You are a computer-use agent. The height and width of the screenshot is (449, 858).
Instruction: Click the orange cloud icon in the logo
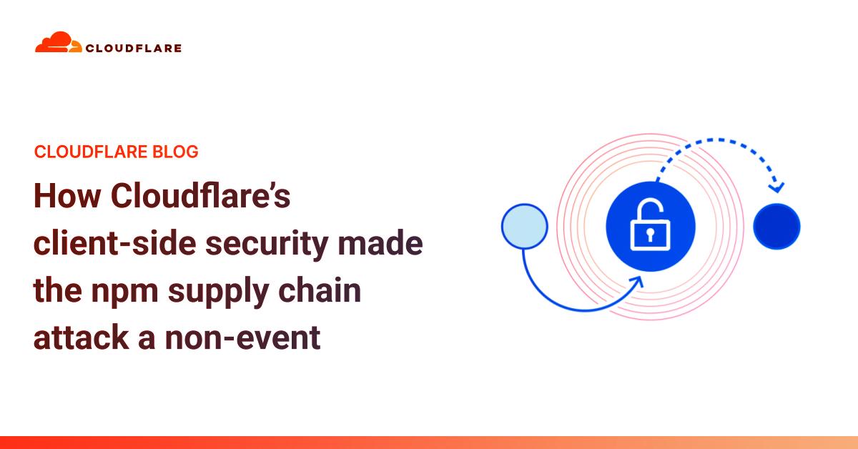pyautogui.click(x=58, y=41)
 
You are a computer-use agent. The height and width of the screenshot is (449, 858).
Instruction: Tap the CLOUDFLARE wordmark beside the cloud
pyautogui.click(x=134, y=49)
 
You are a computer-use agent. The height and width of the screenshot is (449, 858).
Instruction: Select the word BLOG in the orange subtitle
pyautogui.click(x=175, y=152)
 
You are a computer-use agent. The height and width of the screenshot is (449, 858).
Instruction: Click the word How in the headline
pyautogui.click(x=67, y=196)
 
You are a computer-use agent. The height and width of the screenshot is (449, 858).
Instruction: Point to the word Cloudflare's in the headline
pyautogui.click(x=201, y=195)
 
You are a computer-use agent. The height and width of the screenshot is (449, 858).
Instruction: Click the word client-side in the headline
pyautogui.click(x=115, y=242)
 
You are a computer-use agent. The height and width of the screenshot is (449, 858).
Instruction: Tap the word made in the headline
pyautogui.click(x=380, y=242)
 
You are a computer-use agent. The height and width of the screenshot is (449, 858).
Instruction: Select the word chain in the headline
pyautogui.click(x=320, y=290)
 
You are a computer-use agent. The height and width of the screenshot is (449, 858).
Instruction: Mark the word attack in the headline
pyautogui.click(x=82, y=337)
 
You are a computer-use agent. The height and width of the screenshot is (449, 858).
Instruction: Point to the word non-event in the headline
pyautogui.click(x=242, y=338)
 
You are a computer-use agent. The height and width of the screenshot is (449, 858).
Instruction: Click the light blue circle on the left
pyautogui.click(x=524, y=227)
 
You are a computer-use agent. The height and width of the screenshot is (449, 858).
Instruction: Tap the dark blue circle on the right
pyautogui.click(x=776, y=227)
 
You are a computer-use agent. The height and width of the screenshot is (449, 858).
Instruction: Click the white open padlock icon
pyautogui.click(x=650, y=224)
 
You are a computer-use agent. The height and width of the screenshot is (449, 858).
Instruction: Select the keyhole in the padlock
pyautogui.click(x=650, y=235)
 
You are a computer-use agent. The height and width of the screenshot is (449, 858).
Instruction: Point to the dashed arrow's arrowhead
pyautogui.click(x=777, y=187)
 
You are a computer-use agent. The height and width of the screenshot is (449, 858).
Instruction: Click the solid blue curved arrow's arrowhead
pyautogui.click(x=636, y=282)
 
